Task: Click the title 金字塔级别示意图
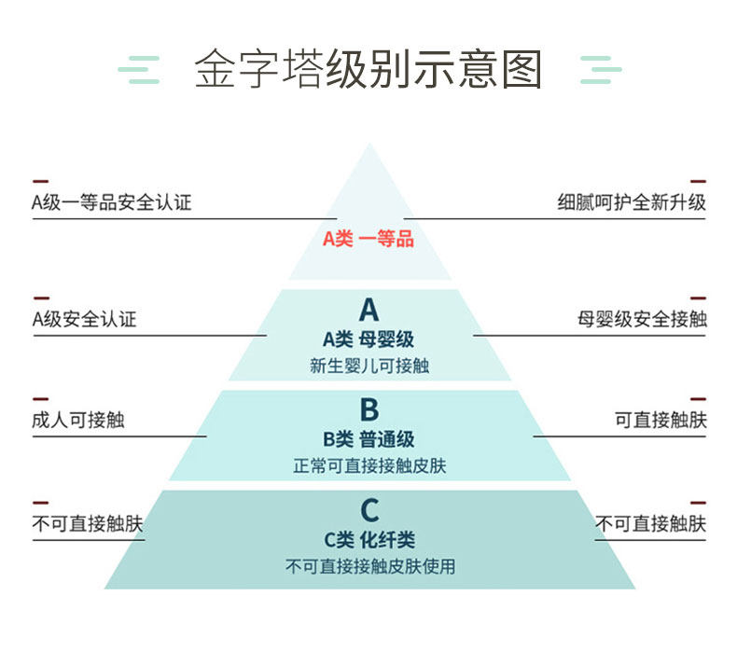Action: [368, 69]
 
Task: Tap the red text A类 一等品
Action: [368, 239]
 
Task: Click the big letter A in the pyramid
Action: [369, 310]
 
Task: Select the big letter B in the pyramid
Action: [369, 409]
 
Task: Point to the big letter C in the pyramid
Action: [369, 510]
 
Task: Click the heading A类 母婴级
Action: [368, 339]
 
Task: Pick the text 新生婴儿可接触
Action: [369, 366]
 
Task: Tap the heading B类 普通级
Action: [368, 440]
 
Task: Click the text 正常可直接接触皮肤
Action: [369, 465]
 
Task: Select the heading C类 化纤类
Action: [369, 540]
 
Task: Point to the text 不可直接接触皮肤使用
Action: [370, 566]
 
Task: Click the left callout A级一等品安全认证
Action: [112, 202]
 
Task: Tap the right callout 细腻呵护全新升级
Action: [632, 202]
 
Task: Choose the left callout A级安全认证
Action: [84, 320]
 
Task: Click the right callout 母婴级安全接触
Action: [642, 320]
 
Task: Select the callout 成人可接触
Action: [78, 421]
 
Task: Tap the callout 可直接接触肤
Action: [661, 421]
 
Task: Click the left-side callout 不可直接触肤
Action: [88, 523]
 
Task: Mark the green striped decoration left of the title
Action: [139, 70]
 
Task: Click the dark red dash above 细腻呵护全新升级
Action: [698, 182]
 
